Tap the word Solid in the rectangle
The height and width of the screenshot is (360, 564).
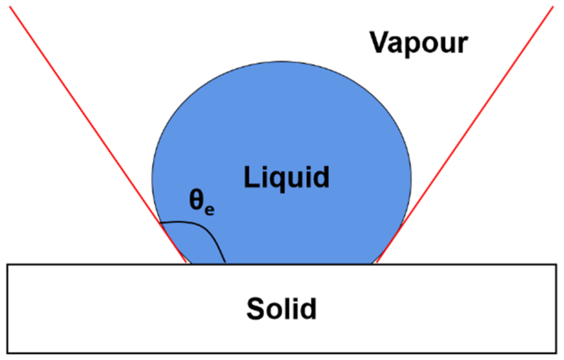(x=281, y=308)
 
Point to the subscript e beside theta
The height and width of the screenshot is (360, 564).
(x=210, y=210)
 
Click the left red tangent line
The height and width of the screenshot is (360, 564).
(x=98, y=135)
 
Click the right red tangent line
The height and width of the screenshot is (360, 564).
(x=465, y=135)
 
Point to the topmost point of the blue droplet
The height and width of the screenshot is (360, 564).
(x=281, y=61)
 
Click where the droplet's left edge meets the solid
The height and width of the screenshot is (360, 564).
(x=191, y=264)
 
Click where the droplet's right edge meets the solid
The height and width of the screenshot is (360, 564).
(x=372, y=264)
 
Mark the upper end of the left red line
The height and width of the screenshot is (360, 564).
(x=10, y=7)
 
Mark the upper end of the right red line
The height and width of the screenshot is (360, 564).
(x=553, y=7)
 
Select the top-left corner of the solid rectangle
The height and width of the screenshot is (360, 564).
(x=7, y=264)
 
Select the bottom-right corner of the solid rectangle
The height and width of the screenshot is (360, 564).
(x=556, y=353)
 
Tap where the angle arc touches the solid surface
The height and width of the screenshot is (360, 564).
(x=225, y=263)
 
